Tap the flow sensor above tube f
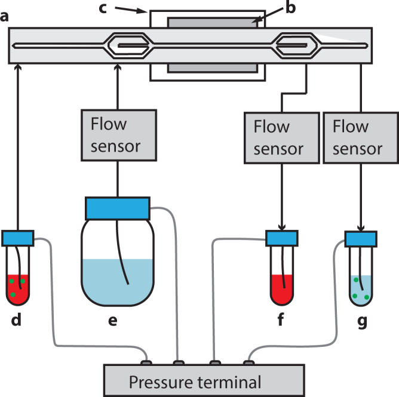tap(278, 137)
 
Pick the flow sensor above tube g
tap(357, 137)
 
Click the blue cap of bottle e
tap(118, 208)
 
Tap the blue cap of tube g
tap(360, 238)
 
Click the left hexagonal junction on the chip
tap(129, 45)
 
